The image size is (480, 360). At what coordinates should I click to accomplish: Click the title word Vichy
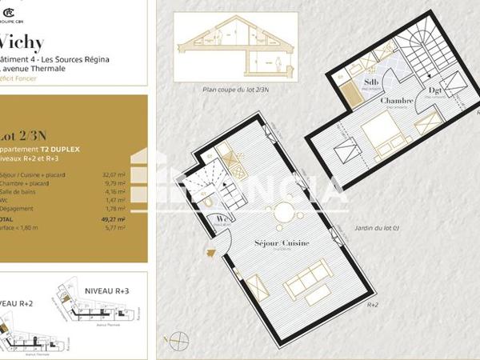[x=22, y=42]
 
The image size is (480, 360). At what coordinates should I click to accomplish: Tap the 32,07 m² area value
[x=114, y=174]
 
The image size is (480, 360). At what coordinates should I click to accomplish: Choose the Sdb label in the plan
[x=371, y=82]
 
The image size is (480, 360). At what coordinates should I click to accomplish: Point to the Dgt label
[x=436, y=90]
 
